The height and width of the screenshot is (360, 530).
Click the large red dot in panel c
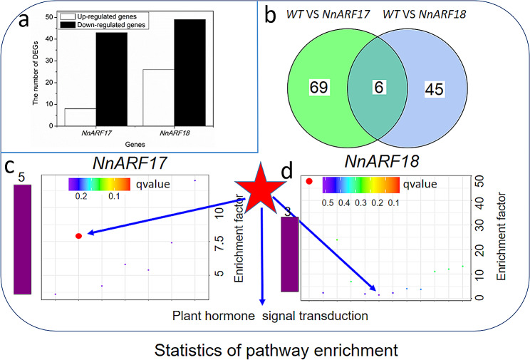(x=79, y=235)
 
